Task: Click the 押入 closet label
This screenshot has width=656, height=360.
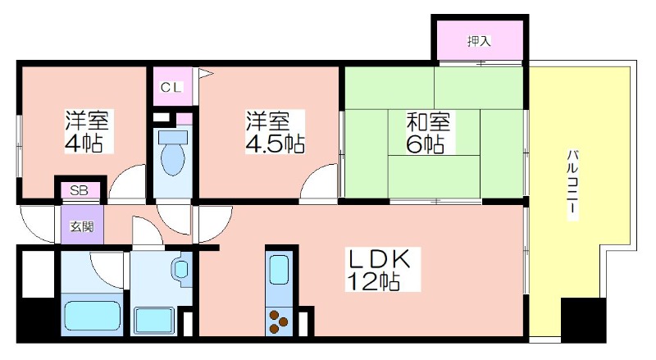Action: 479,41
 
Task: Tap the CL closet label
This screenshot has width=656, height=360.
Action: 171,88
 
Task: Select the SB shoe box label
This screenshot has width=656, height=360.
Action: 79,191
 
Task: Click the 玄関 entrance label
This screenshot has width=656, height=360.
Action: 82,226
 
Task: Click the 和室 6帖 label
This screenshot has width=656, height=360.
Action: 427,132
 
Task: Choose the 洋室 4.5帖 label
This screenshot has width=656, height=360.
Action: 275,132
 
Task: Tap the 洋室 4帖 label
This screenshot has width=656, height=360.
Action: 87,131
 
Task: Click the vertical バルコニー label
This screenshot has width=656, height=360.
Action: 572,185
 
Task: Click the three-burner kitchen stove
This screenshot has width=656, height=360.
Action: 278,321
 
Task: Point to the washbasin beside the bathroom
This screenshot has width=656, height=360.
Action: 181,269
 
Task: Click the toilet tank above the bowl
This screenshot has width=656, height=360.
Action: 173,136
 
